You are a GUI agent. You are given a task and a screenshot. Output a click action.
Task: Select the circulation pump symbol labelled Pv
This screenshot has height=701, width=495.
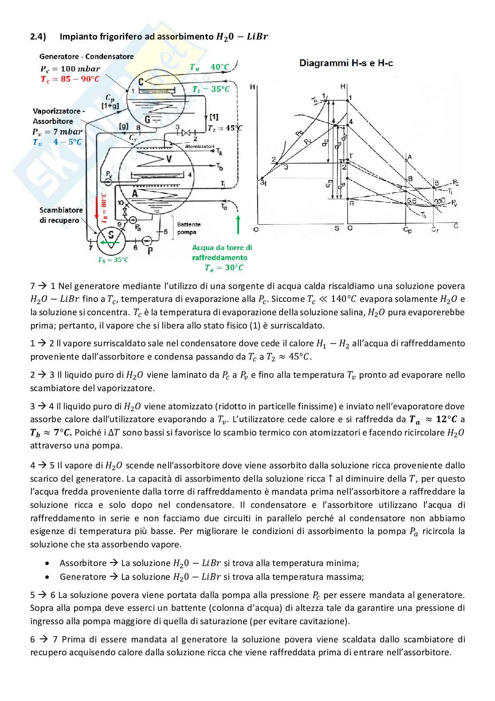click(x=109, y=182)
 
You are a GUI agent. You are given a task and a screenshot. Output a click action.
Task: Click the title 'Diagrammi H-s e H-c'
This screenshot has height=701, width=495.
click(x=346, y=63)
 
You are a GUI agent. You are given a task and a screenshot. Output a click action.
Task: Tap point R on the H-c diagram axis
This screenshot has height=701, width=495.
click(x=351, y=203)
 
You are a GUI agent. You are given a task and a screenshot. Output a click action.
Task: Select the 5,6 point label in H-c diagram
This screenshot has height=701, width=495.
click(x=412, y=201)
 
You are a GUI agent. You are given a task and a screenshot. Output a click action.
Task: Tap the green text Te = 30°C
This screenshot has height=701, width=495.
click(x=224, y=268)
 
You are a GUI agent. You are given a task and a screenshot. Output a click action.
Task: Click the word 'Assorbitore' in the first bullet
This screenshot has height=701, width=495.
click(x=83, y=563)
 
